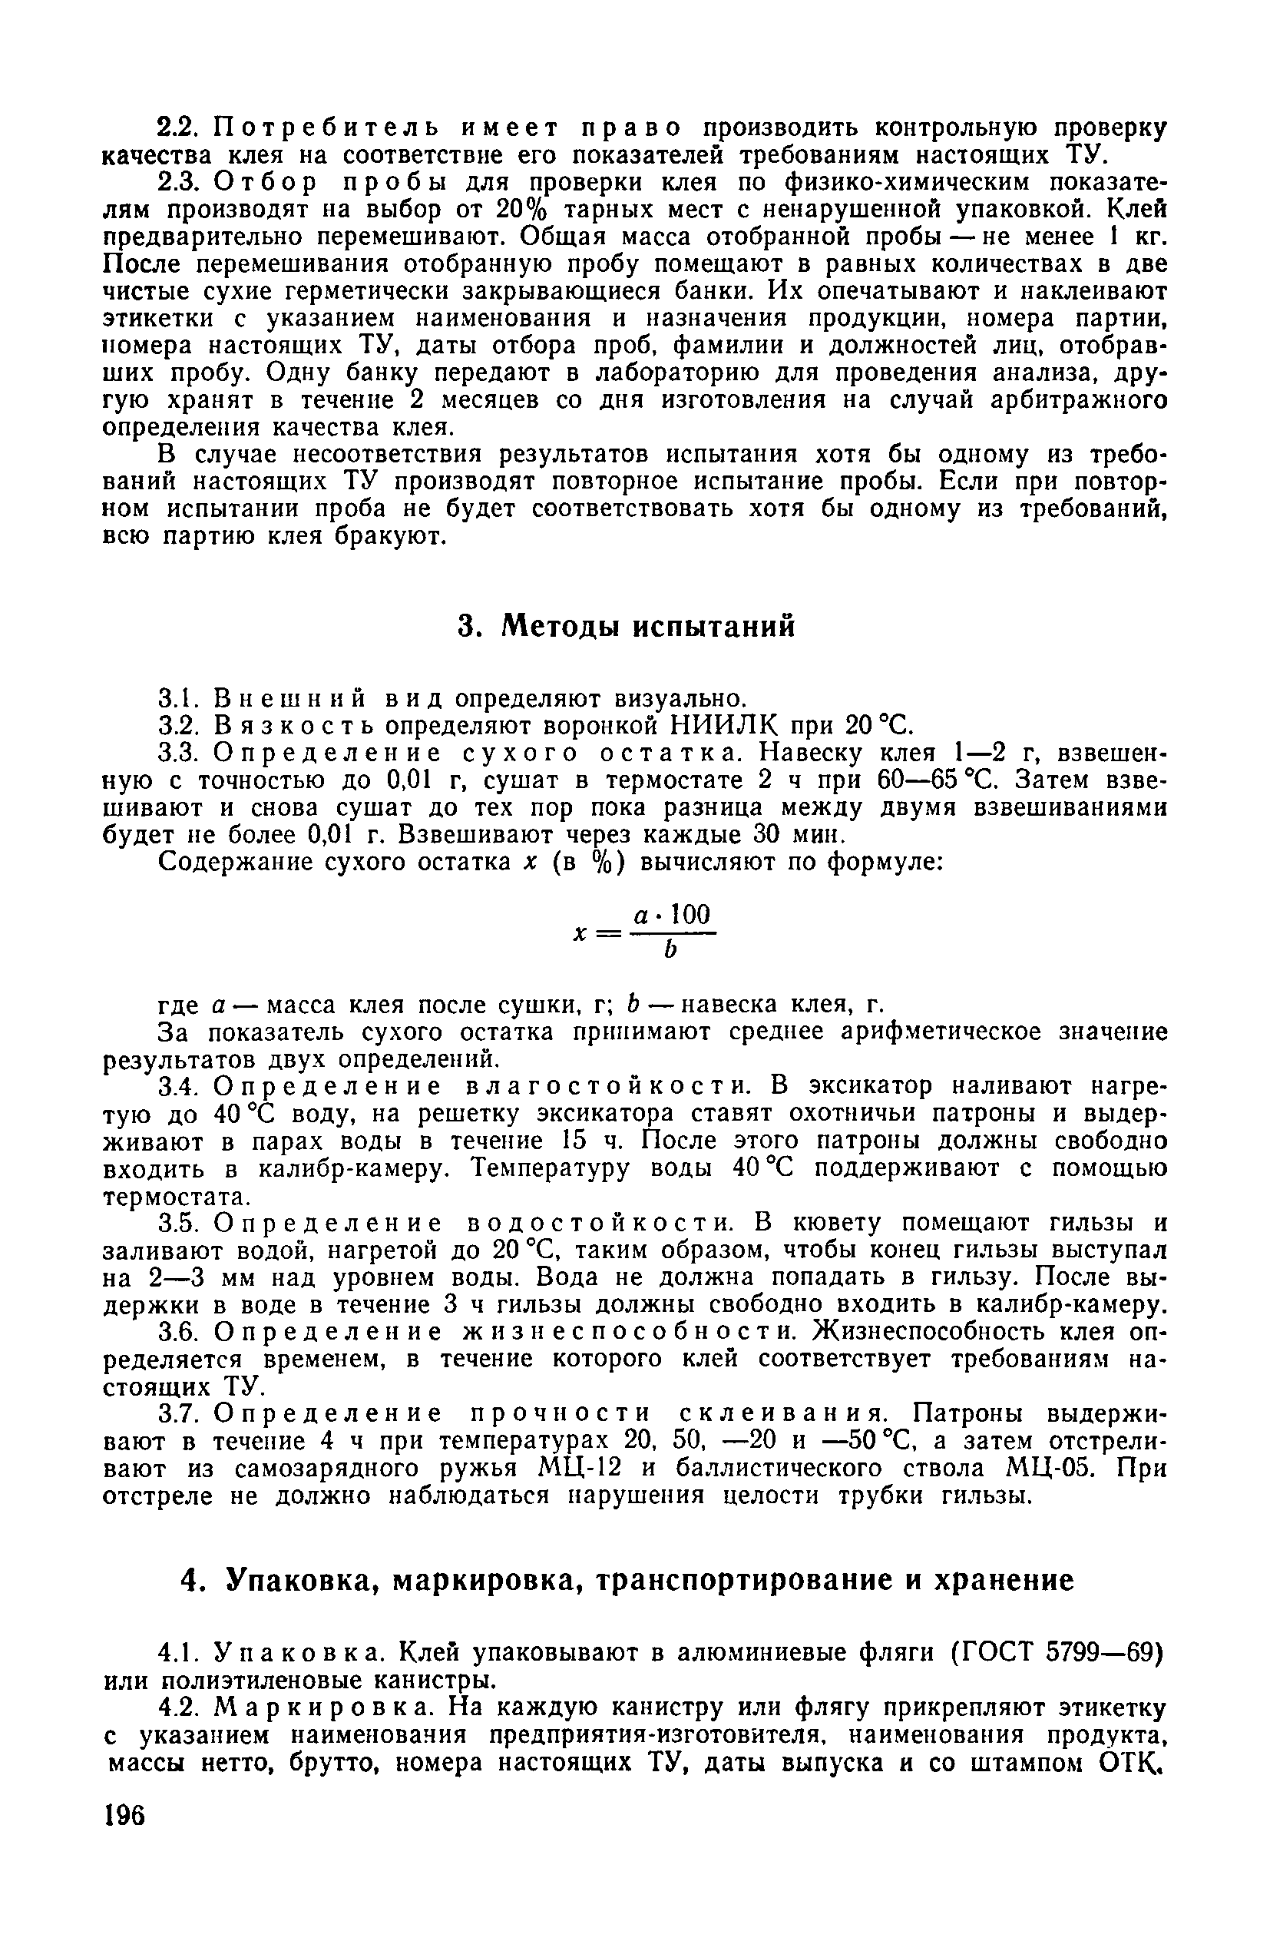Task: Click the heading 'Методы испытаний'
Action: tap(647, 626)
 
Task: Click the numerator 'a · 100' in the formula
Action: tap(673, 914)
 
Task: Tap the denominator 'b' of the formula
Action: tap(671, 951)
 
